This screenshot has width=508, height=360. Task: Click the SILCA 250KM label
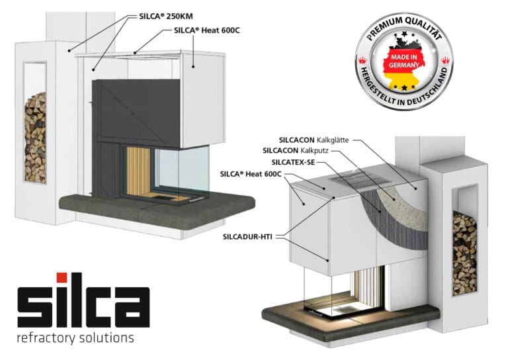[x=165, y=16]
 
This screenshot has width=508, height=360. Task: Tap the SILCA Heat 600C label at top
[x=206, y=30]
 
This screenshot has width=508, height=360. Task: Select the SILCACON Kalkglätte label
[x=314, y=140]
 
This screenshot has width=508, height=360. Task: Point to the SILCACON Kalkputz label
[x=296, y=151]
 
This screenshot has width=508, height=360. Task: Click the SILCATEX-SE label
[x=293, y=162]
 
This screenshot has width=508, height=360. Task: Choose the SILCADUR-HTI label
[x=247, y=237]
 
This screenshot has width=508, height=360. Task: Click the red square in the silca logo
[x=62, y=278]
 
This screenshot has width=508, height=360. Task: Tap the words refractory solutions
[x=75, y=337]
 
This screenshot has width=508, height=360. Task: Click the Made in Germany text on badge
[x=403, y=61]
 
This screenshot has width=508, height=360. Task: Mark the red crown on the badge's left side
[x=362, y=60]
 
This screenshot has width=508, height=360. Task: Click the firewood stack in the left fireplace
[x=35, y=138]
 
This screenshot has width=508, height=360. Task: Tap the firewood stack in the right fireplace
[x=464, y=253]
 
